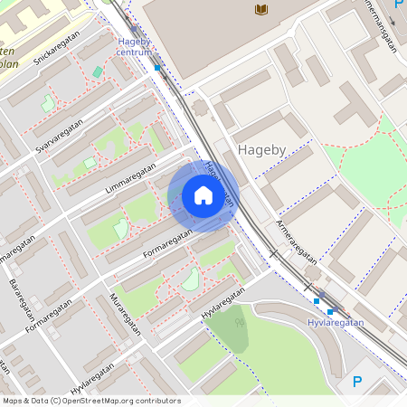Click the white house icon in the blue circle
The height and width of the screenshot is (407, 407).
(x=203, y=195)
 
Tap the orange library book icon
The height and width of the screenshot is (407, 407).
(x=261, y=9)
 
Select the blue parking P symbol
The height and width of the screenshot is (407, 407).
(x=357, y=383)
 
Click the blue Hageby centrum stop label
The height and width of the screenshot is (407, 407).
(x=134, y=46)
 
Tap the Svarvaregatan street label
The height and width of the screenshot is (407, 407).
(x=62, y=134)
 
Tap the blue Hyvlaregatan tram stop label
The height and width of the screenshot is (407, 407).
(x=335, y=322)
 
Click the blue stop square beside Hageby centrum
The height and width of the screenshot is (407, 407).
(x=157, y=67)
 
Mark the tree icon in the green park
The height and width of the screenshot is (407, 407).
(x=240, y=318)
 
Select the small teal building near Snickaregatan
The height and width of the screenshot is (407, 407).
(x=98, y=71)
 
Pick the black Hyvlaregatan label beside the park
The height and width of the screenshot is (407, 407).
(x=223, y=301)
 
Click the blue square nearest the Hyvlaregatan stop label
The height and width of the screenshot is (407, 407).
(x=329, y=311)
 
